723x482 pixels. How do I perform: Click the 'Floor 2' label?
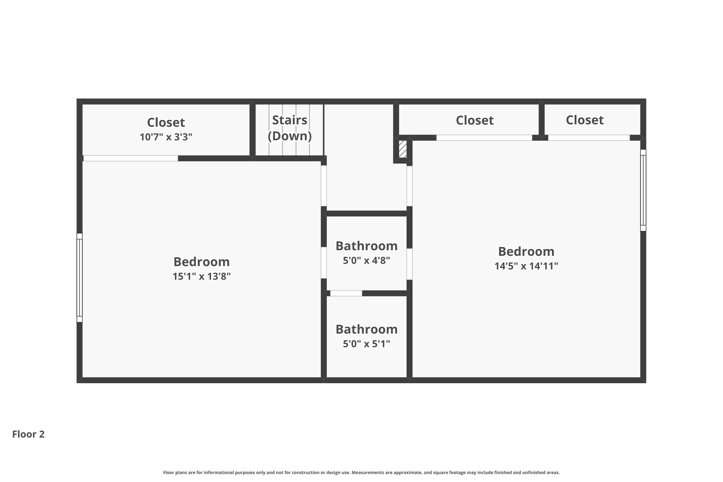[28, 434]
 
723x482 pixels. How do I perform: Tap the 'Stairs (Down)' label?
[289, 128]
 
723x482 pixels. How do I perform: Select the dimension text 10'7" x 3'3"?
[166, 137]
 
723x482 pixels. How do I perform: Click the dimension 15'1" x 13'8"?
[201, 276]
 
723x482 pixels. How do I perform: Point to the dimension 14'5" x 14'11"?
[526, 266]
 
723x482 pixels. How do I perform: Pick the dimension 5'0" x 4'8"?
[366, 261]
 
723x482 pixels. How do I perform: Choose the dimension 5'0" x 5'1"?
[366, 344]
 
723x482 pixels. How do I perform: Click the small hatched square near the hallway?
[402, 149]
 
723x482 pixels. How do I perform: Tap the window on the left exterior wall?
[79, 278]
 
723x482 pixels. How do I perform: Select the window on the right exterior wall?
[643, 190]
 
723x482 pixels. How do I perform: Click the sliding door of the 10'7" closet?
[131, 159]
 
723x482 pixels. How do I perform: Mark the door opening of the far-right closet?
[588, 138]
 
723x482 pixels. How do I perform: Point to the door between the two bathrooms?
[346, 293]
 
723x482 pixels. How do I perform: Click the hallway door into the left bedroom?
[323, 186]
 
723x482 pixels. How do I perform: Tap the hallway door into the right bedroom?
[410, 186]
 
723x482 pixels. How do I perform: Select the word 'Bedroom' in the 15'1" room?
[201, 262]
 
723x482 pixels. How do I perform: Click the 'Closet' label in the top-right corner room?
[584, 120]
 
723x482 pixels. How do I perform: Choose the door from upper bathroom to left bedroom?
[323, 263]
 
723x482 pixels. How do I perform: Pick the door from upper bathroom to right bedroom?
[410, 264]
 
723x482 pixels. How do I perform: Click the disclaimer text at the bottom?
[361, 472]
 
